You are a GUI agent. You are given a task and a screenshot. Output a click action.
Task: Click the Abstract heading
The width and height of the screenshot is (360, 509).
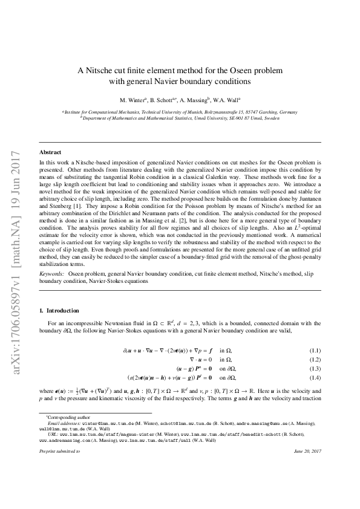tap(50, 152)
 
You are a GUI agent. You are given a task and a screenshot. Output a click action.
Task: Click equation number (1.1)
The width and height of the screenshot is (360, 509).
tap(315, 351)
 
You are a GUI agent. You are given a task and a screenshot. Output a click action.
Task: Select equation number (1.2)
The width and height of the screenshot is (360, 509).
tap(315, 359)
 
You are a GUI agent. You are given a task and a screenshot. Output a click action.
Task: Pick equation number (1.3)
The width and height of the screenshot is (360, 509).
tap(315, 368)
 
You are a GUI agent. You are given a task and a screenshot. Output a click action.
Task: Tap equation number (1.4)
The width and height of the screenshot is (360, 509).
tap(315, 377)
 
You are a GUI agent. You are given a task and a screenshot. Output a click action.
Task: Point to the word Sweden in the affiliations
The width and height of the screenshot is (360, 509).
tap(272, 118)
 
